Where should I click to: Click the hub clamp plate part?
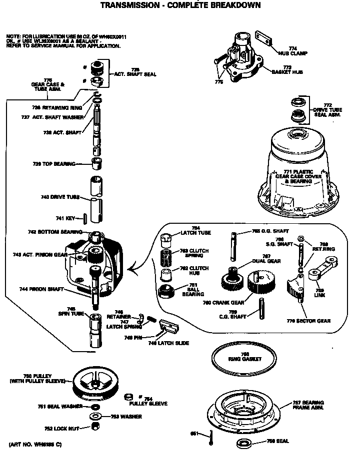tap(266, 39)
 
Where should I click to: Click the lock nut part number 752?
tap(95, 426)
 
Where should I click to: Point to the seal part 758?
tap(243, 443)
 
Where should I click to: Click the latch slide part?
tap(168, 327)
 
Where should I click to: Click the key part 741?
tap(85, 218)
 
